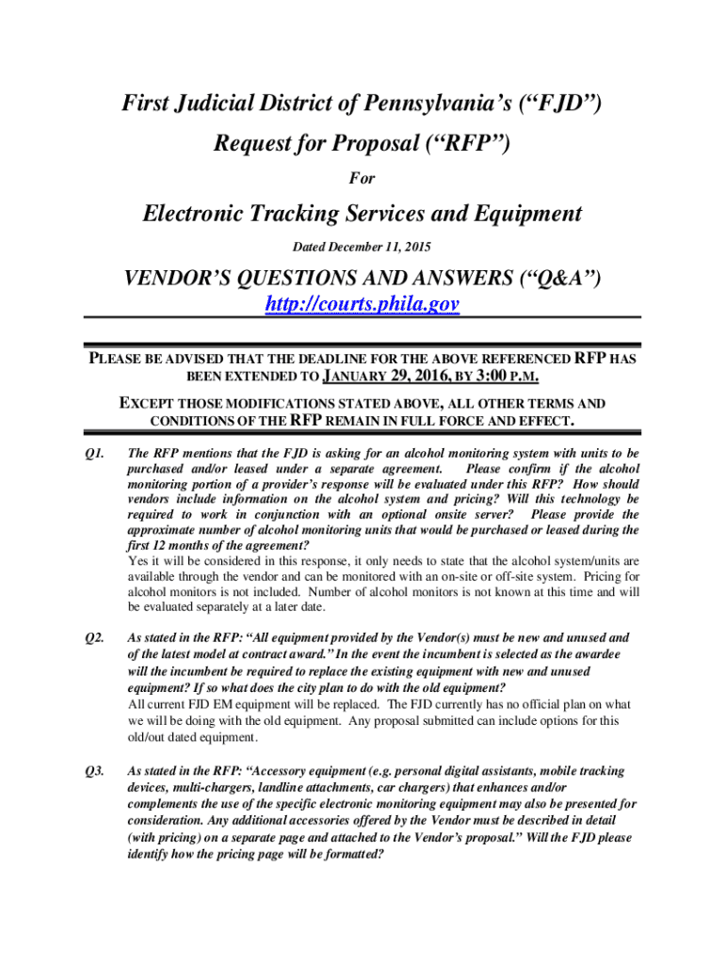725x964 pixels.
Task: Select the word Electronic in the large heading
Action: click(x=201, y=214)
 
